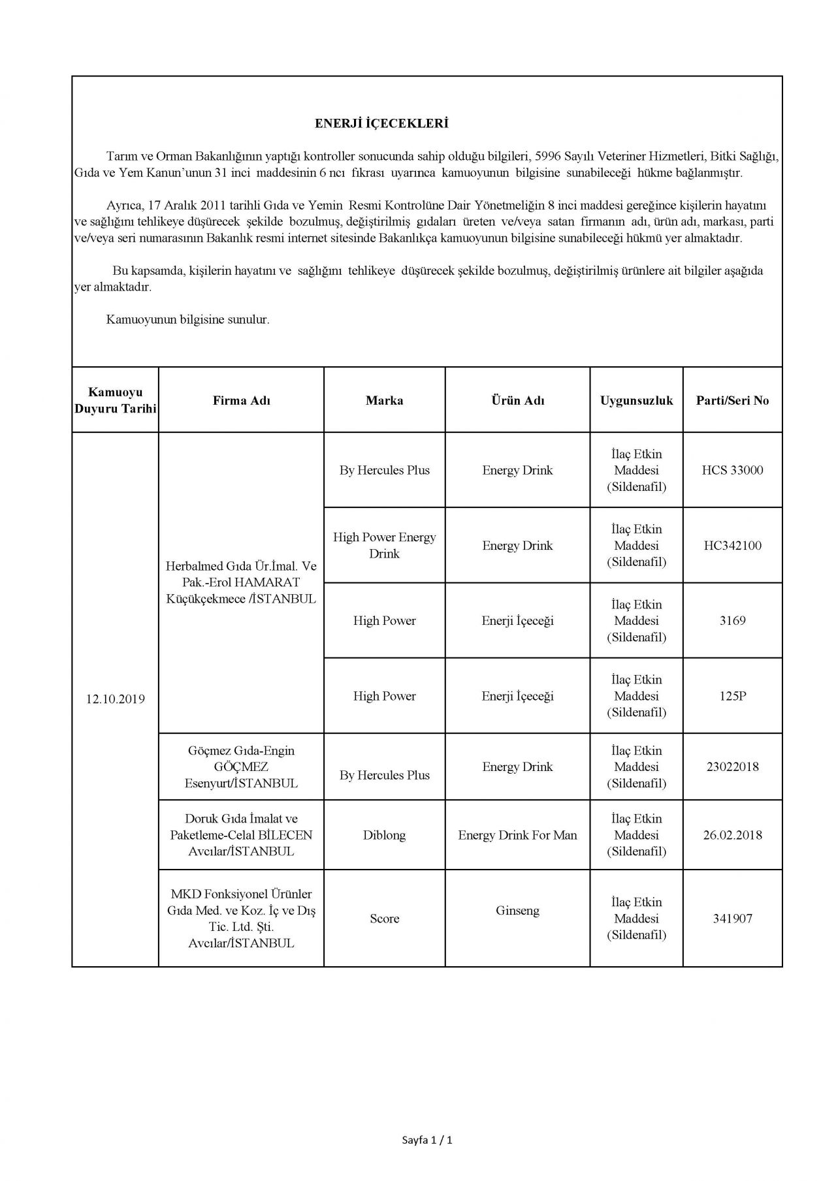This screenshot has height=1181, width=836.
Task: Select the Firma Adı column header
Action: pyautogui.click(x=241, y=400)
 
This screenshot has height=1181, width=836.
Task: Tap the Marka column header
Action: pyautogui.click(x=384, y=400)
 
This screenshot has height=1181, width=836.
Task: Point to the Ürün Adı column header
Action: pyautogui.click(x=517, y=400)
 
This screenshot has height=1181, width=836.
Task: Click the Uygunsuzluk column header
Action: pyautogui.click(x=636, y=400)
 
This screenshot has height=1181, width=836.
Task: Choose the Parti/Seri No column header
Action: pyautogui.click(x=732, y=400)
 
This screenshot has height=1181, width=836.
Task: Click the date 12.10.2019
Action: pyautogui.click(x=115, y=699)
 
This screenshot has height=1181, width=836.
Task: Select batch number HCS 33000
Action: pyautogui.click(x=732, y=470)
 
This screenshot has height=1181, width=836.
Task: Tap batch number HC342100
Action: pyautogui.click(x=732, y=545)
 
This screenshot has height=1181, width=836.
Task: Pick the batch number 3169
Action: pyautogui.click(x=732, y=620)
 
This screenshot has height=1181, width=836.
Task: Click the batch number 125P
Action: pyautogui.click(x=732, y=696)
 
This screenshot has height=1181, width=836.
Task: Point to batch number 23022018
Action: pyautogui.click(x=732, y=766)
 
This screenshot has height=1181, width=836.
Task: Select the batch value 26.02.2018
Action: pyautogui.click(x=732, y=835)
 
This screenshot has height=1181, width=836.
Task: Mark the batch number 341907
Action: pyautogui.click(x=732, y=919)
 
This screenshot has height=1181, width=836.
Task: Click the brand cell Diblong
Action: pyautogui.click(x=384, y=835)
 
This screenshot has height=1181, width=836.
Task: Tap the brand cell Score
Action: pyautogui.click(x=384, y=919)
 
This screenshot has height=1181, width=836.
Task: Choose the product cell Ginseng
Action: pyautogui.click(x=517, y=910)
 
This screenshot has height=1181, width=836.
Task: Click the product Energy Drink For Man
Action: pyautogui.click(x=517, y=835)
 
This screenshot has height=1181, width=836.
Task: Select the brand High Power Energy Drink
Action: pyautogui.click(x=384, y=545)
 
